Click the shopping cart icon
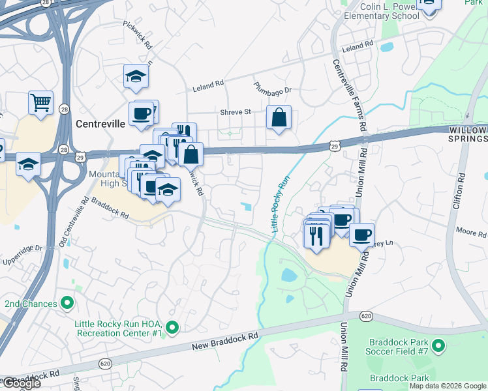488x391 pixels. (40, 102)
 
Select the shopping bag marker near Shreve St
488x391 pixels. (279, 118)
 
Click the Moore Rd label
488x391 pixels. (466, 231)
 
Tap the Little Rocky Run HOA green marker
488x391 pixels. (172, 327)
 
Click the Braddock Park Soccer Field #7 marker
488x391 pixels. (438, 345)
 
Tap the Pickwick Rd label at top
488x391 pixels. (138, 35)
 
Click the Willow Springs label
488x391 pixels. (468, 135)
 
